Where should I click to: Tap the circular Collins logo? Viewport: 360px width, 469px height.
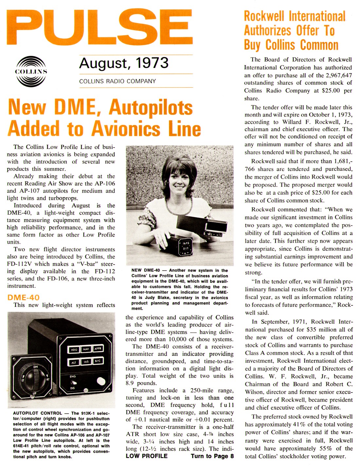(31, 71)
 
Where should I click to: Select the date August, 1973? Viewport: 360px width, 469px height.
(124, 63)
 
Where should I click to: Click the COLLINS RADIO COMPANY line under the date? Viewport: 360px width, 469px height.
(117, 81)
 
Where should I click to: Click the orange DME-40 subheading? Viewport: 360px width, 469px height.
(23, 297)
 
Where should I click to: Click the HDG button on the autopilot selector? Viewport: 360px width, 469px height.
(74, 350)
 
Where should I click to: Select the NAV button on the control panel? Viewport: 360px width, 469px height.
(86, 349)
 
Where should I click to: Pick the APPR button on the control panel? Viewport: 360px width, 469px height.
(98, 348)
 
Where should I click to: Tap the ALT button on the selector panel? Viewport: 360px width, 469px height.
(74, 362)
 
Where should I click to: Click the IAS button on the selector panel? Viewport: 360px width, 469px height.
(86, 361)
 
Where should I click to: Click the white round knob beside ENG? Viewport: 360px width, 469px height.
(101, 382)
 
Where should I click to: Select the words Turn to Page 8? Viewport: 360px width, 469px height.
(212, 456)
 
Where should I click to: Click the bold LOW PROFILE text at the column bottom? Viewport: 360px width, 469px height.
(147, 456)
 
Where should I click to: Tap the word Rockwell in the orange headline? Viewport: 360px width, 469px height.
(264, 16)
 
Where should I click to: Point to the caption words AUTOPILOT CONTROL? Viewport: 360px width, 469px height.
(38, 413)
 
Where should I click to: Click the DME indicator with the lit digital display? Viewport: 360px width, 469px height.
(186, 246)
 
